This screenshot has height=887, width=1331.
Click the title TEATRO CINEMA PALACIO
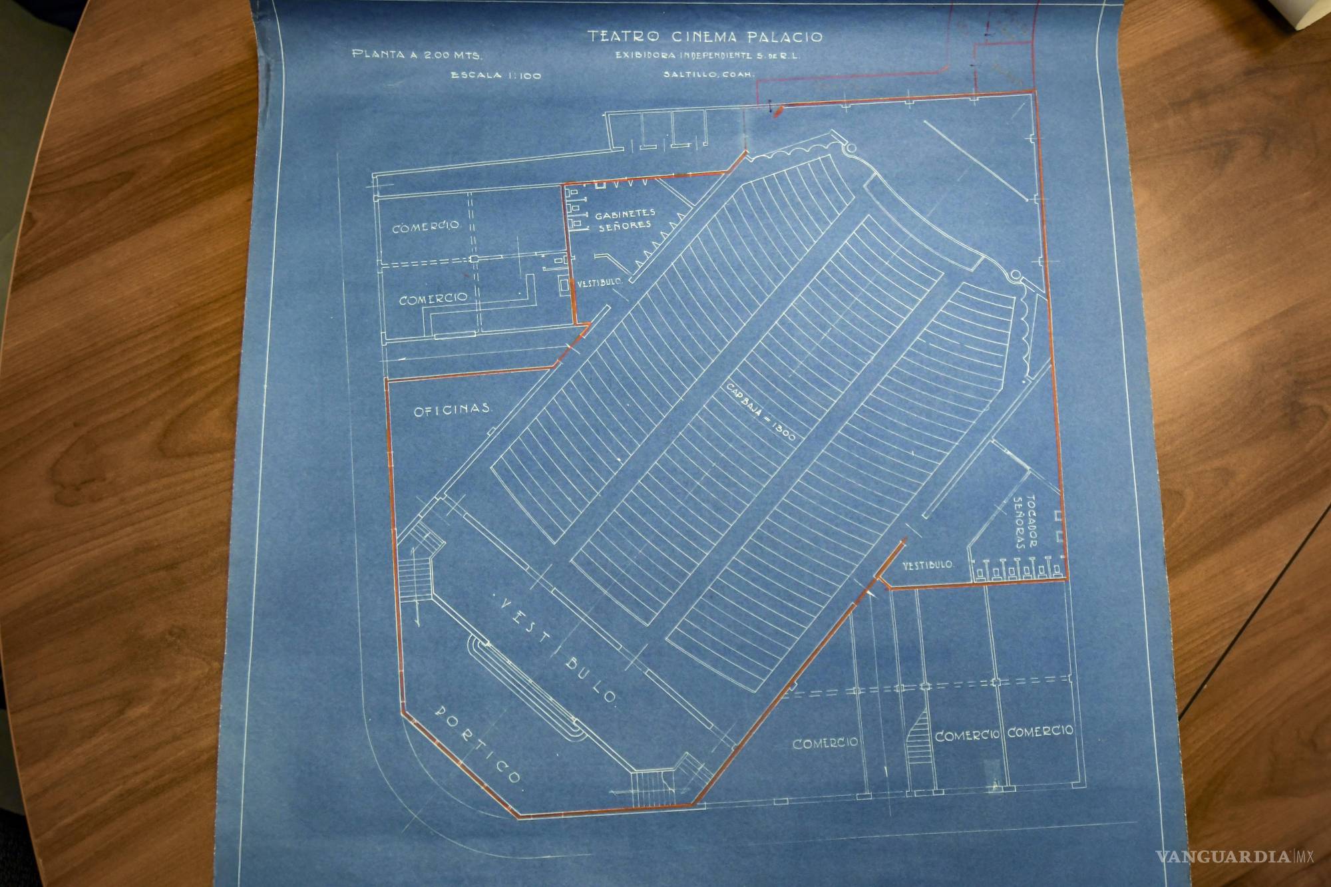(705, 36)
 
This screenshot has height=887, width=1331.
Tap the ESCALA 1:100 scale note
(496, 75)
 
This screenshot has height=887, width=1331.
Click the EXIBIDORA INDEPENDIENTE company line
(707, 56)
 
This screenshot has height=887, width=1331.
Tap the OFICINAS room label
(453, 411)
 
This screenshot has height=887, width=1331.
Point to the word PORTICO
(478, 743)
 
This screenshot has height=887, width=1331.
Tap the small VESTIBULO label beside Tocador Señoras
(928, 566)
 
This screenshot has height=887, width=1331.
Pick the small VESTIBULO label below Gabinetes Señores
(599, 282)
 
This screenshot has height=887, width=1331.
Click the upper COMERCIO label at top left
(425, 226)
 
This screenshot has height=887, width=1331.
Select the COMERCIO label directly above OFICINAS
(433, 299)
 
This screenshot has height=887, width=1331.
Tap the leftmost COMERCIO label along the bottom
(825, 742)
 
